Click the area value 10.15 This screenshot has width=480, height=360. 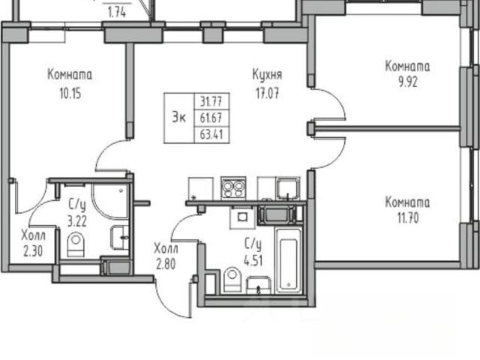[70, 94]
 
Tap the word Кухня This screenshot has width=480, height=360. [267, 75]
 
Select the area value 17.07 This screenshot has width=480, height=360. [267, 93]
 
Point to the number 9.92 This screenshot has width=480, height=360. [408, 82]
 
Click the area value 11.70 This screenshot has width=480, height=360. [408, 218]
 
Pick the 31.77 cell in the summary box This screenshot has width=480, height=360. [211, 101]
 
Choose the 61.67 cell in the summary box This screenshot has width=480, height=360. [211, 118]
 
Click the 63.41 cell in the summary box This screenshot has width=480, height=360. [211, 134]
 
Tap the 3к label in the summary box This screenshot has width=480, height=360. [178, 118]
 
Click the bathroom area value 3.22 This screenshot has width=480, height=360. [77, 221]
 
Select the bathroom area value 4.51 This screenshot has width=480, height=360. [253, 261]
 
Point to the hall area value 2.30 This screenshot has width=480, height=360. [33, 252]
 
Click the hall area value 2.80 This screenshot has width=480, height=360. [166, 264]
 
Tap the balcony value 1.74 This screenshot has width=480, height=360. [117, 13]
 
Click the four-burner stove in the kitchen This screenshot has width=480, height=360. [233, 188]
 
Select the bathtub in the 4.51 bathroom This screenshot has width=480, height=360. [289, 260]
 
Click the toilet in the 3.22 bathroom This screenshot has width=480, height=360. [75, 244]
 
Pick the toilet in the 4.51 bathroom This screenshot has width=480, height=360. [232, 280]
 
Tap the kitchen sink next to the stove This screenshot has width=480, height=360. [288, 189]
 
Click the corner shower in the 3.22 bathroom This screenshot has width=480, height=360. [110, 201]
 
